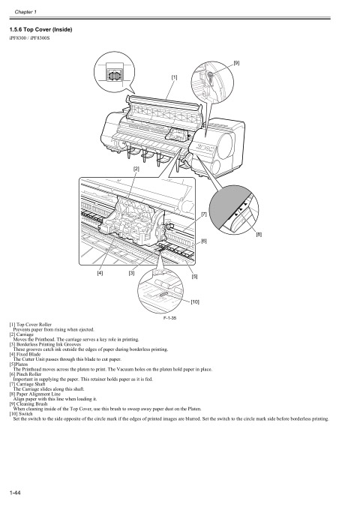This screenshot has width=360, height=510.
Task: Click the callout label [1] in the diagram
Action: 174,76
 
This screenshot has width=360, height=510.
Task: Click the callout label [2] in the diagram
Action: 136,169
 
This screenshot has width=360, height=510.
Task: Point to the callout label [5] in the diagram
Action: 195,277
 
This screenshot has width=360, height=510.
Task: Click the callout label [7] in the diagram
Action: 204,215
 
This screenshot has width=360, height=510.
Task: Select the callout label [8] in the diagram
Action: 259,235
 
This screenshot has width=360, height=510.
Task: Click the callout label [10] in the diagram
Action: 194,301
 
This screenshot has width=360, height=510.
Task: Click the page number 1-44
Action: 18,491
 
